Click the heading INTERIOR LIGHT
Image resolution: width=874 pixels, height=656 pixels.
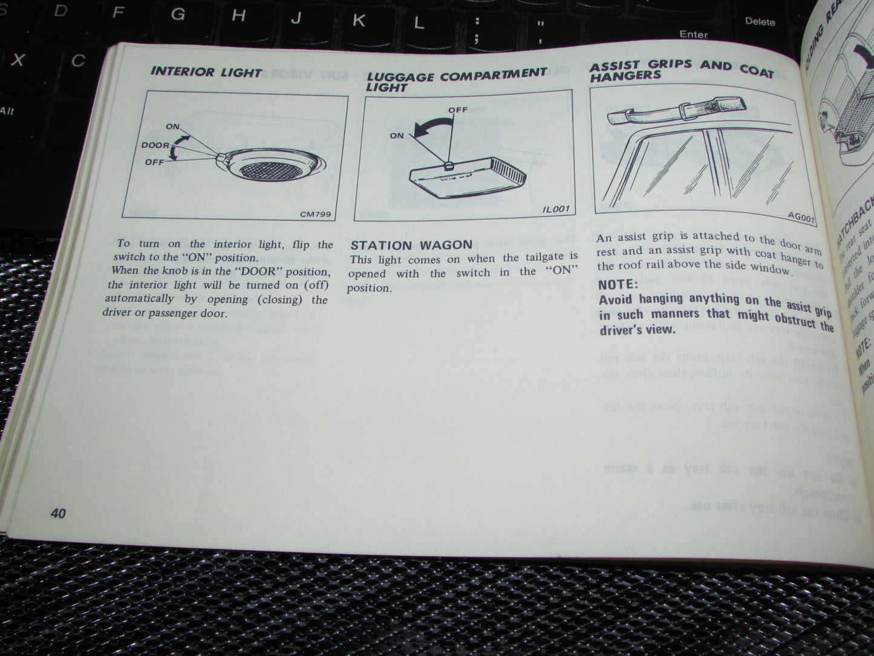(x=206, y=72)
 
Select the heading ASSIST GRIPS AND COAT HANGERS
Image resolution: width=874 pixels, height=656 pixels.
(x=680, y=71)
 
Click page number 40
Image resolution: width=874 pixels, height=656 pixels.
(x=58, y=513)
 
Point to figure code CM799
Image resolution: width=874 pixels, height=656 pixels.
(x=315, y=214)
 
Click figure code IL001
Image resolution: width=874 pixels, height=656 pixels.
(x=555, y=209)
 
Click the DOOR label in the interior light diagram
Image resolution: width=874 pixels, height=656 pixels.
(x=155, y=145)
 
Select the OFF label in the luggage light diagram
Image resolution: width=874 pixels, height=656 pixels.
(x=458, y=110)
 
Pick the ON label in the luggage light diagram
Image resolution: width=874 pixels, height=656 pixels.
(x=397, y=136)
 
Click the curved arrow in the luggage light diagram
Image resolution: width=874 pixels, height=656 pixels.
(x=432, y=125)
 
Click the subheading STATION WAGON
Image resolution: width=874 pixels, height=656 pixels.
(x=411, y=245)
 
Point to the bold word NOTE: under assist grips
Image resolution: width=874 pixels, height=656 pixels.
(x=618, y=284)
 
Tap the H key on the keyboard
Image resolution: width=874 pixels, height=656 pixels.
(x=239, y=16)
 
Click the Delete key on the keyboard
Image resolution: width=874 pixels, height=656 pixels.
(x=760, y=22)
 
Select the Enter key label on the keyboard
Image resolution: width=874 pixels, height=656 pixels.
(x=693, y=34)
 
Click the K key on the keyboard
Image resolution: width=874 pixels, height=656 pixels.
(x=358, y=21)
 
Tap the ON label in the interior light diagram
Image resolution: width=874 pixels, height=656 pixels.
(x=173, y=126)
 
